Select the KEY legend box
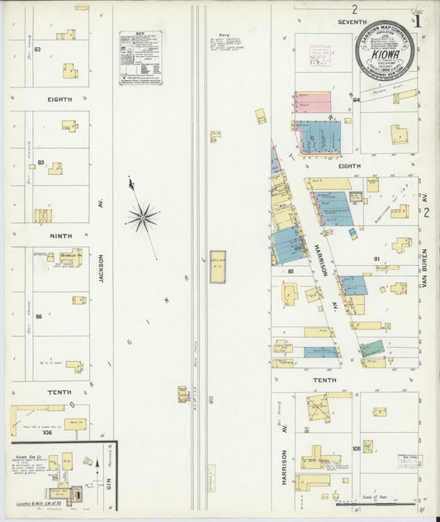point(140,58)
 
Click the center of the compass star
point(143,217)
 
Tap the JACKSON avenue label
point(102,268)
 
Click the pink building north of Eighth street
point(313,102)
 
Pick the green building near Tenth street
point(372,348)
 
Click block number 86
point(38,316)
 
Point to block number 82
point(291,271)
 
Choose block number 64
point(356,100)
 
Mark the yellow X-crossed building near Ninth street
point(42,216)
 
